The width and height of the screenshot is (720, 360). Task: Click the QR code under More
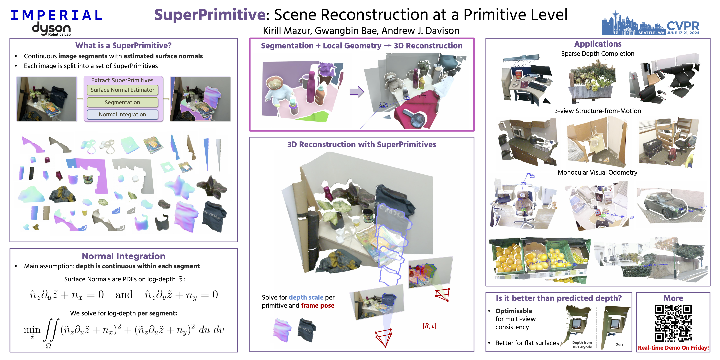[x=673, y=323]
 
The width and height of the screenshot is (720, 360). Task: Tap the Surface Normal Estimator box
[x=122, y=90]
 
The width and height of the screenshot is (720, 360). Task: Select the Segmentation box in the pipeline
[x=122, y=102]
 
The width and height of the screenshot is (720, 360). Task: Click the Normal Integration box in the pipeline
[x=122, y=115]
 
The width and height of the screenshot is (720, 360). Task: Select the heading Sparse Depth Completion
[x=598, y=54]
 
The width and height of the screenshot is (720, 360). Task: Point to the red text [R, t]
[x=429, y=326]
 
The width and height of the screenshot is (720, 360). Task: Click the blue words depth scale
[x=306, y=297]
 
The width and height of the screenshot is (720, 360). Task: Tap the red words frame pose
[x=318, y=306]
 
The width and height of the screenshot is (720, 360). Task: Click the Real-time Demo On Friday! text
[x=673, y=348]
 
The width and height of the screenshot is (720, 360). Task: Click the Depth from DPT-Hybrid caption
[x=582, y=345]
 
